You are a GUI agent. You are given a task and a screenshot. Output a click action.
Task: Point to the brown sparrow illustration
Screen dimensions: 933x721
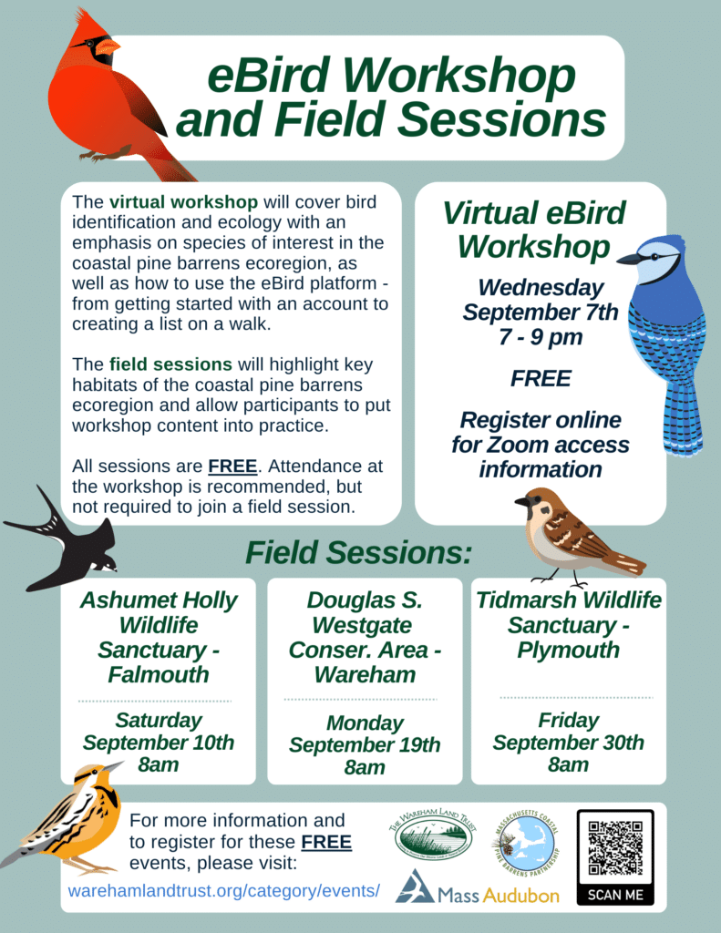(x=570, y=538)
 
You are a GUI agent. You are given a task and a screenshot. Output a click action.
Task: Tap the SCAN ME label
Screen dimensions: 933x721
(x=615, y=895)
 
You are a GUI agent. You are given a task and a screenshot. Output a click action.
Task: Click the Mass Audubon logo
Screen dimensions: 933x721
(x=479, y=888)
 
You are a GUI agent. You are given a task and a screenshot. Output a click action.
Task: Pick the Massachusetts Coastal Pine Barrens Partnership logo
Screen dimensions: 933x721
(x=524, y=838)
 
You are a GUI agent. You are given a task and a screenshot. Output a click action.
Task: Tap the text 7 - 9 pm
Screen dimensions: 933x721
(x=540, y=338)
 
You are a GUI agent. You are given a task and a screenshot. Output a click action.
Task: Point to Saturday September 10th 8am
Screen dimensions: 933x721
(x=159, y=742)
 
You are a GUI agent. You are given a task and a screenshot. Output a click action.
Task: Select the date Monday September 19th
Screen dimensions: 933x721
(x=365, y=733)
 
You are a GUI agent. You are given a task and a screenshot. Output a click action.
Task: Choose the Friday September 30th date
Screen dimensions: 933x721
(x=568, y=731)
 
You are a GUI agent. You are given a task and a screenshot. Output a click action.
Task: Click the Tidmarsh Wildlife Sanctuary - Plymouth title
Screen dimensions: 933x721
(x=568, y=625)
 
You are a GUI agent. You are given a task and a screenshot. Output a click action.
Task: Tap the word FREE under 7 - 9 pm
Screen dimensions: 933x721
(x=540, y=378)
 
